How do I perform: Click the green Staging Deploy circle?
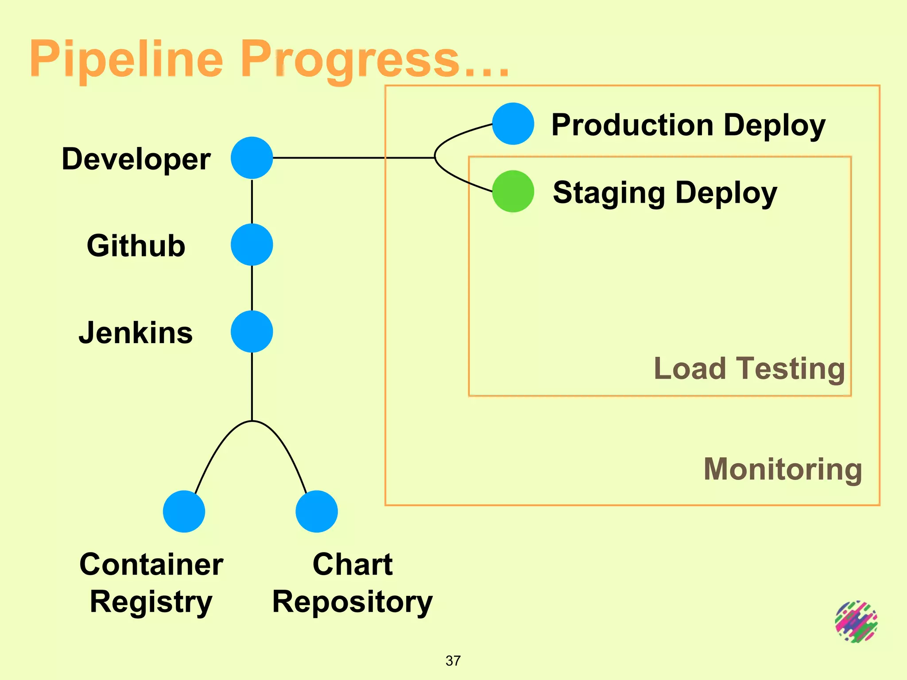(513, 191)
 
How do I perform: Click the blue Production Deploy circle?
(513, 124)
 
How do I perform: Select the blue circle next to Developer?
(252, 158)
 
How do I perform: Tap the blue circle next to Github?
(252, 244)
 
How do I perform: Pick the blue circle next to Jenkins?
(252, 332)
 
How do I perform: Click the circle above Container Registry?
(184, 511)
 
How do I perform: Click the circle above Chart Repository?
(317, 511)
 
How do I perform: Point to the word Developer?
(136, 159)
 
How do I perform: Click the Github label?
(136, 246)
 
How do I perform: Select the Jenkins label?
(136, 332)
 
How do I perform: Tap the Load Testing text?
(749, 368)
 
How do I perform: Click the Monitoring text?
(783, 469)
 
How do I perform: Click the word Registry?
(151, 602)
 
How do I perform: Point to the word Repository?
(352, 602)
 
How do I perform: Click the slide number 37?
(453, 661)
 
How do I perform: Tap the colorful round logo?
(856, 622)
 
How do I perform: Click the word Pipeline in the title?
(126, 59)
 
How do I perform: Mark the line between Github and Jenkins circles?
(252, 288)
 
